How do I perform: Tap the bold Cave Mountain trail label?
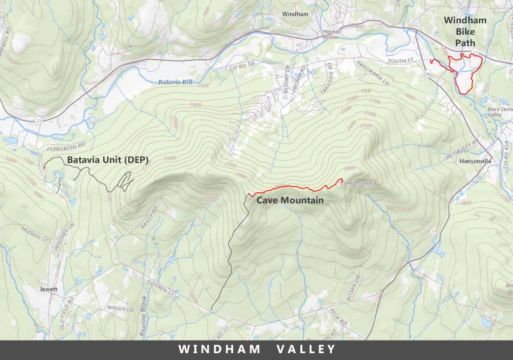coord(290,201)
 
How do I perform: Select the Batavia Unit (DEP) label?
coord(108,161)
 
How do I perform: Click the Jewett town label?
coord(48,289)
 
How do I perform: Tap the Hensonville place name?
coord(475,161)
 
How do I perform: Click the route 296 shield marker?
coord(428,75)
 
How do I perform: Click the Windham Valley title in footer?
coord(256,349)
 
